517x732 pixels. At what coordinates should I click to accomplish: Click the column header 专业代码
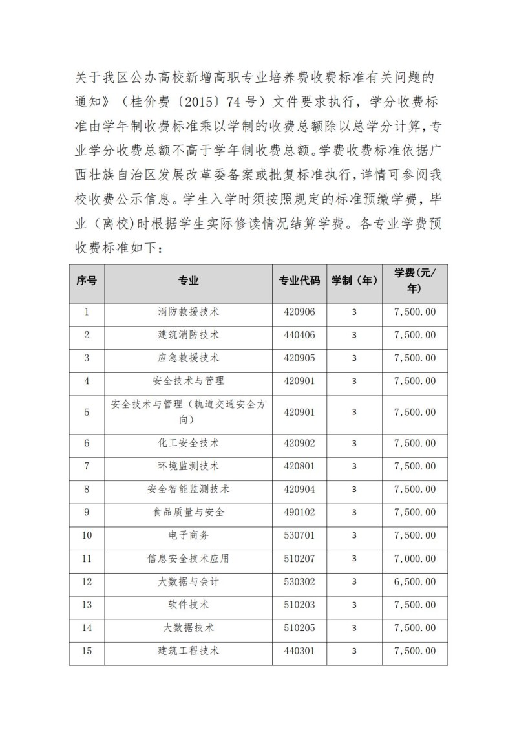pos(299,281)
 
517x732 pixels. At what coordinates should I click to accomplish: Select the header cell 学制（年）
pos(354,281)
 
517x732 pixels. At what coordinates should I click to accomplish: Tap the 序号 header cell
pos(87,281)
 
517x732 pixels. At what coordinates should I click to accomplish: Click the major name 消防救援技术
pos(188,312)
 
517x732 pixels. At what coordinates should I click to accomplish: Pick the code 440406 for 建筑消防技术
pos(299,335)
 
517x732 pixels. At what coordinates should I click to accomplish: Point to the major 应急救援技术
pos(188,358)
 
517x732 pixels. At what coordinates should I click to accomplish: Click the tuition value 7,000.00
pos(414,559)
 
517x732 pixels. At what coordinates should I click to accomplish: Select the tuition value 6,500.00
pos(414,582)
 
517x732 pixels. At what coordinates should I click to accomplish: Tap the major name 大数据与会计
pos(188,582)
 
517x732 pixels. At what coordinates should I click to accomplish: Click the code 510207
pos(299,559)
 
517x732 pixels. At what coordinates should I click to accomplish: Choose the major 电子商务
pos(188,535)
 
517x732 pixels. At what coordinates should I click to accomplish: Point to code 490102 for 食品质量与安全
pos(299,512)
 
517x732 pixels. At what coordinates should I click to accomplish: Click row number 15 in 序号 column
pos(87,651)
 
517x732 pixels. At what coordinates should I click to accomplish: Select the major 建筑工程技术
pos(188,651)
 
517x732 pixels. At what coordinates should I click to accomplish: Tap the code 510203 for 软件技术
pos(299,605)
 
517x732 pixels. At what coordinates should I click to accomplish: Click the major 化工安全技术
pos(188,443)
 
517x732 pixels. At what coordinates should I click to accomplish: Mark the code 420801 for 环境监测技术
pos(299,466)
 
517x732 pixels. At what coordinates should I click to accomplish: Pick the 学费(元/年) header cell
pos(414,281)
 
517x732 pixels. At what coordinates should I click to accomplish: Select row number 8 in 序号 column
pos(87,490)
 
